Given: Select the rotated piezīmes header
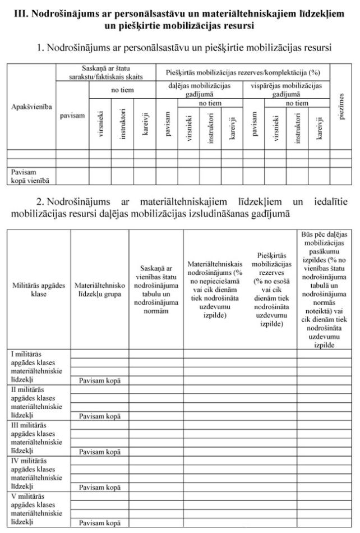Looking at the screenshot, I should pos(341,106).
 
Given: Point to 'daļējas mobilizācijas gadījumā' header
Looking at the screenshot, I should pos(199,90).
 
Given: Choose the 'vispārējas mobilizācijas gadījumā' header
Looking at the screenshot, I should pos(285,90).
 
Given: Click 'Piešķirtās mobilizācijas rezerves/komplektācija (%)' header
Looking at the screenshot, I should pos(242,72).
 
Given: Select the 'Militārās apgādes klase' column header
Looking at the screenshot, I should pos(38,289).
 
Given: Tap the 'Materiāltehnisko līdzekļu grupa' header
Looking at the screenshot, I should pos(99,289).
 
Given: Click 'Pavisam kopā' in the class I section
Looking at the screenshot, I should pos(99,380).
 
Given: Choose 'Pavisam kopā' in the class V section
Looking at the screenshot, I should pos(99,523).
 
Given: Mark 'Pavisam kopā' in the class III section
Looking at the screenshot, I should pos(99,452).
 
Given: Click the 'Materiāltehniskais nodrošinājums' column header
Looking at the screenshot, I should pos(215,289).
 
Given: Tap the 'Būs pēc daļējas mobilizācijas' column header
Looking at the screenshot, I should pos(325,289).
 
